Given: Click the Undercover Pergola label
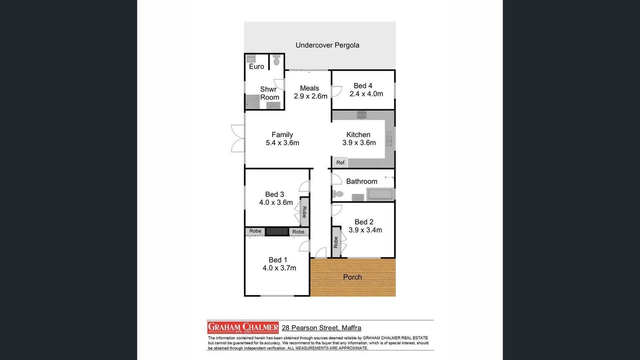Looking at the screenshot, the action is click(x=327, y=45).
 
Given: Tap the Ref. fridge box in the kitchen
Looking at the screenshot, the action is click(x=340, y=162).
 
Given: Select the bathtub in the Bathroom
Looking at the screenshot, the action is click(x=380, y=194).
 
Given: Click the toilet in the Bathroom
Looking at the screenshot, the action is click(x=337, y=194).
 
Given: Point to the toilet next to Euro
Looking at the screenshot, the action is click(x=276, y=60).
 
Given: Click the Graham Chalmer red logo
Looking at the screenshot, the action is click(x=243, y=327).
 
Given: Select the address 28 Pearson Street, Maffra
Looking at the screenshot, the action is click(x=321, y=327).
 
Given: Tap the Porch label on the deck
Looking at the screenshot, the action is click(x=352, y=277).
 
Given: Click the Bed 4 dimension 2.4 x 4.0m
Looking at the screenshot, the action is click(x=366, y=93).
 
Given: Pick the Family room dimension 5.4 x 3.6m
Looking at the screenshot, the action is click(x=282, y=142).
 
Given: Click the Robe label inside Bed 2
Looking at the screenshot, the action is click(x=335, y=242).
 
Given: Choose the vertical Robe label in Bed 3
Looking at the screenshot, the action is click(x=304, y=212).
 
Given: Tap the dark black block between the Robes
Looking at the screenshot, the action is click(x=277, y=231).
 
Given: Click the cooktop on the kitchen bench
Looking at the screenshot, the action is click(x=361, y=115).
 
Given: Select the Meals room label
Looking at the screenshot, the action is click(x=309, y=88).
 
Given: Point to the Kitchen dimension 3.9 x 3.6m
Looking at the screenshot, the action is click(x=359, y=142).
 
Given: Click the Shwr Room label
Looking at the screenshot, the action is click(x=269, y=93).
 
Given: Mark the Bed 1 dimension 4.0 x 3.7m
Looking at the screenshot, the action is click(x=279, y=268).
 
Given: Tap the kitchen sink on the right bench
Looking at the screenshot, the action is click(x=389, y=138).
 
